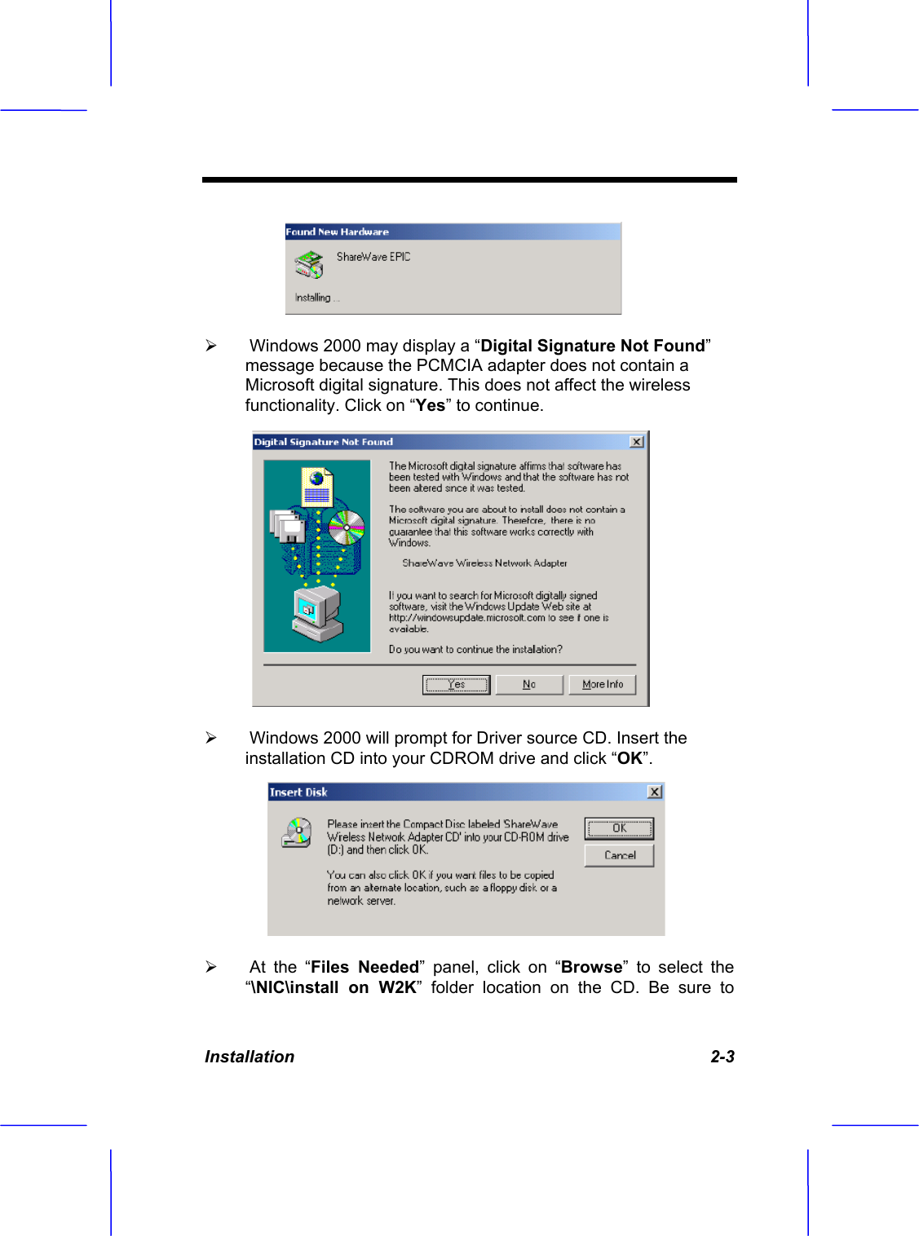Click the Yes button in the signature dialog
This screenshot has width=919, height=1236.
456,685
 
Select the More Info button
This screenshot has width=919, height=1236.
602,685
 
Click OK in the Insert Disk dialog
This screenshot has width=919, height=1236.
619,828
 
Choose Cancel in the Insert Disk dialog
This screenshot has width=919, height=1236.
619,855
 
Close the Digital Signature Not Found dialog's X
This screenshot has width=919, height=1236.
637,442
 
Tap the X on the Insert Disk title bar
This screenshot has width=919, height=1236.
654,792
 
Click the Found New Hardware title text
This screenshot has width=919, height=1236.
337,232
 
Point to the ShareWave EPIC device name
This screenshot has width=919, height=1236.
373,257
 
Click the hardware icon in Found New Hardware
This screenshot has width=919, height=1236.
309,264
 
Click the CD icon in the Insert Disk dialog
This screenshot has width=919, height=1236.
297,832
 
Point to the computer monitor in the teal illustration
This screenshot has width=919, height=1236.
316,614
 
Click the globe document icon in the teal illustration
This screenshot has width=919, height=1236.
316,486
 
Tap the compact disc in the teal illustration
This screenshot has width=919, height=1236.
346,528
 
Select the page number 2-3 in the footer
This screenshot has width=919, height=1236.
722,1057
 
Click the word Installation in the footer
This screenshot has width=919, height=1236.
250,1057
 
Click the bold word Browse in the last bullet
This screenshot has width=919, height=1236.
591,968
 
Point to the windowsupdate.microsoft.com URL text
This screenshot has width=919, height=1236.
467,618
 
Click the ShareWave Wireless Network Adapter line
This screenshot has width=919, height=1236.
484,563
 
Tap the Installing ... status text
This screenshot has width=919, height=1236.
316,298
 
